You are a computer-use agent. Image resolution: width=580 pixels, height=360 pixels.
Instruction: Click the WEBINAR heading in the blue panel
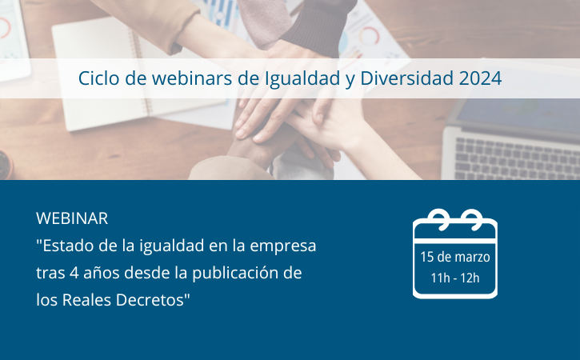72,218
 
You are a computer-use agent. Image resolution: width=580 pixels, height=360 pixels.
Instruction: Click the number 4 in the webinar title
74,273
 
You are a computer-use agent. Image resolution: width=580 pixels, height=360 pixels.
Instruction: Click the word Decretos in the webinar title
150,300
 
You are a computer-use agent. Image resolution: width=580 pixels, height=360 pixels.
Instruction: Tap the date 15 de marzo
455,257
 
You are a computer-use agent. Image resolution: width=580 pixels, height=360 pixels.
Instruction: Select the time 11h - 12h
455,278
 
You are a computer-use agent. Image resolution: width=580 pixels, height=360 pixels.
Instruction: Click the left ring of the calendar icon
439,218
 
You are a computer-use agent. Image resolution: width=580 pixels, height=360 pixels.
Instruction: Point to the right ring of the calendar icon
472,218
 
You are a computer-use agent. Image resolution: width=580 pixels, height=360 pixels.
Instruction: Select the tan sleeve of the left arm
148,18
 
